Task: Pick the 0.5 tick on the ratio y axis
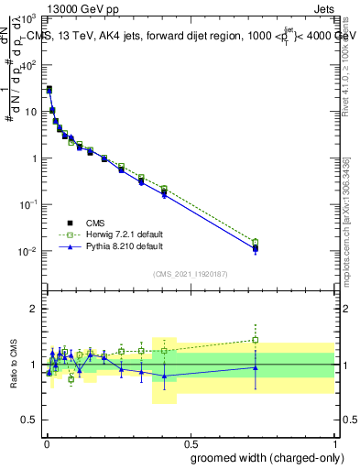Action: pyautogui.click(x=30, y=420)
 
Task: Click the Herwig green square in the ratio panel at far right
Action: pyautogui.click(x=256, y=340)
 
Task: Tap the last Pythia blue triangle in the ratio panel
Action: pyautogui.click(x=256, y=368)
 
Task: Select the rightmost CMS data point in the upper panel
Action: pyautogui.click(x=256, y=247)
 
